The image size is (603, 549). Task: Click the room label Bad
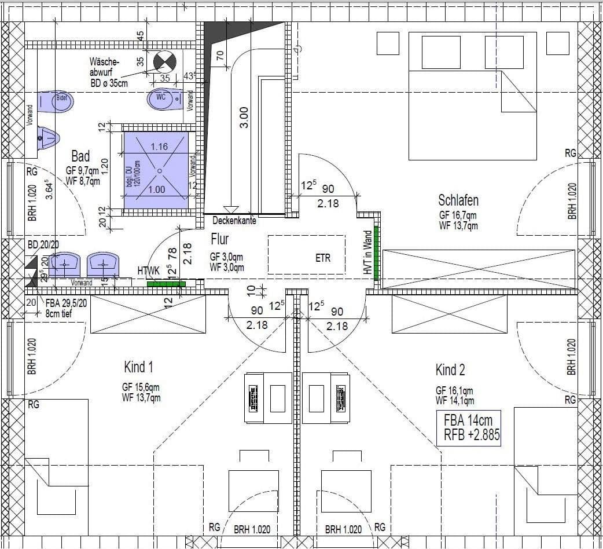(80, 156)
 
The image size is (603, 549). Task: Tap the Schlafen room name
(458, 200)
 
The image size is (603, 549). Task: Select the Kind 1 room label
(138, 367)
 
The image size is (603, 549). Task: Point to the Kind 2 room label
(450, 369)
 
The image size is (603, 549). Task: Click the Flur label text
(219, 239)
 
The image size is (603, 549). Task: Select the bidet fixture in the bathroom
(56, 101)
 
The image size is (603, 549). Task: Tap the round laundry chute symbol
(164, 61)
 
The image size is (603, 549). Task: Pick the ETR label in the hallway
(323, 258)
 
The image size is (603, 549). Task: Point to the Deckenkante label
(234, 221)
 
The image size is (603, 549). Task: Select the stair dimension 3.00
(244, 118)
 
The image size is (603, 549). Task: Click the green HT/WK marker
(166, 284)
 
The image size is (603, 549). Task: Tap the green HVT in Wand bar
(376, 253)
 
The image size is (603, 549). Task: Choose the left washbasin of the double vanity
(65, 265)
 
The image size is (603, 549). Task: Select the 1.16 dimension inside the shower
(159, 147)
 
